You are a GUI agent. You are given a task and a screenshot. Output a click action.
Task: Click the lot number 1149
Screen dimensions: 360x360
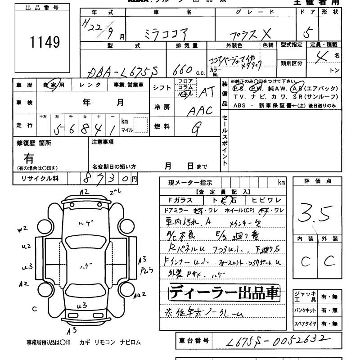[x=45, y=42]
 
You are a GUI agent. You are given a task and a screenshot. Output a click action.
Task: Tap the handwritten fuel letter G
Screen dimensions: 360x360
[x=195, y=129]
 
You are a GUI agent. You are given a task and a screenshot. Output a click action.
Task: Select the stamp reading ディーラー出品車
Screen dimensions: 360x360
[x=224, y=293]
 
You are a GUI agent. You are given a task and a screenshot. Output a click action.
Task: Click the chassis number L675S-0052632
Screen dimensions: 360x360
[x=276, y=341]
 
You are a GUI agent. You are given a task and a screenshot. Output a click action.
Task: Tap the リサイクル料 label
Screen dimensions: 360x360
[x=40, y=179]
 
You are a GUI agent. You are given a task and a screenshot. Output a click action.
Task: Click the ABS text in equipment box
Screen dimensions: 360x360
[x=240, y=105]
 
